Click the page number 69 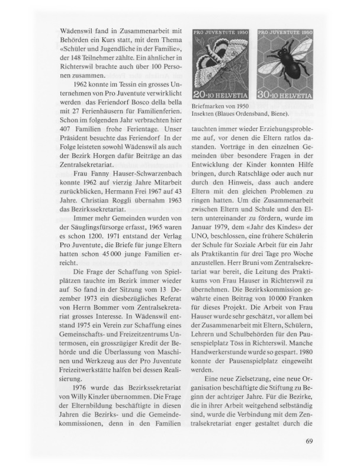[x=309, y=441]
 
